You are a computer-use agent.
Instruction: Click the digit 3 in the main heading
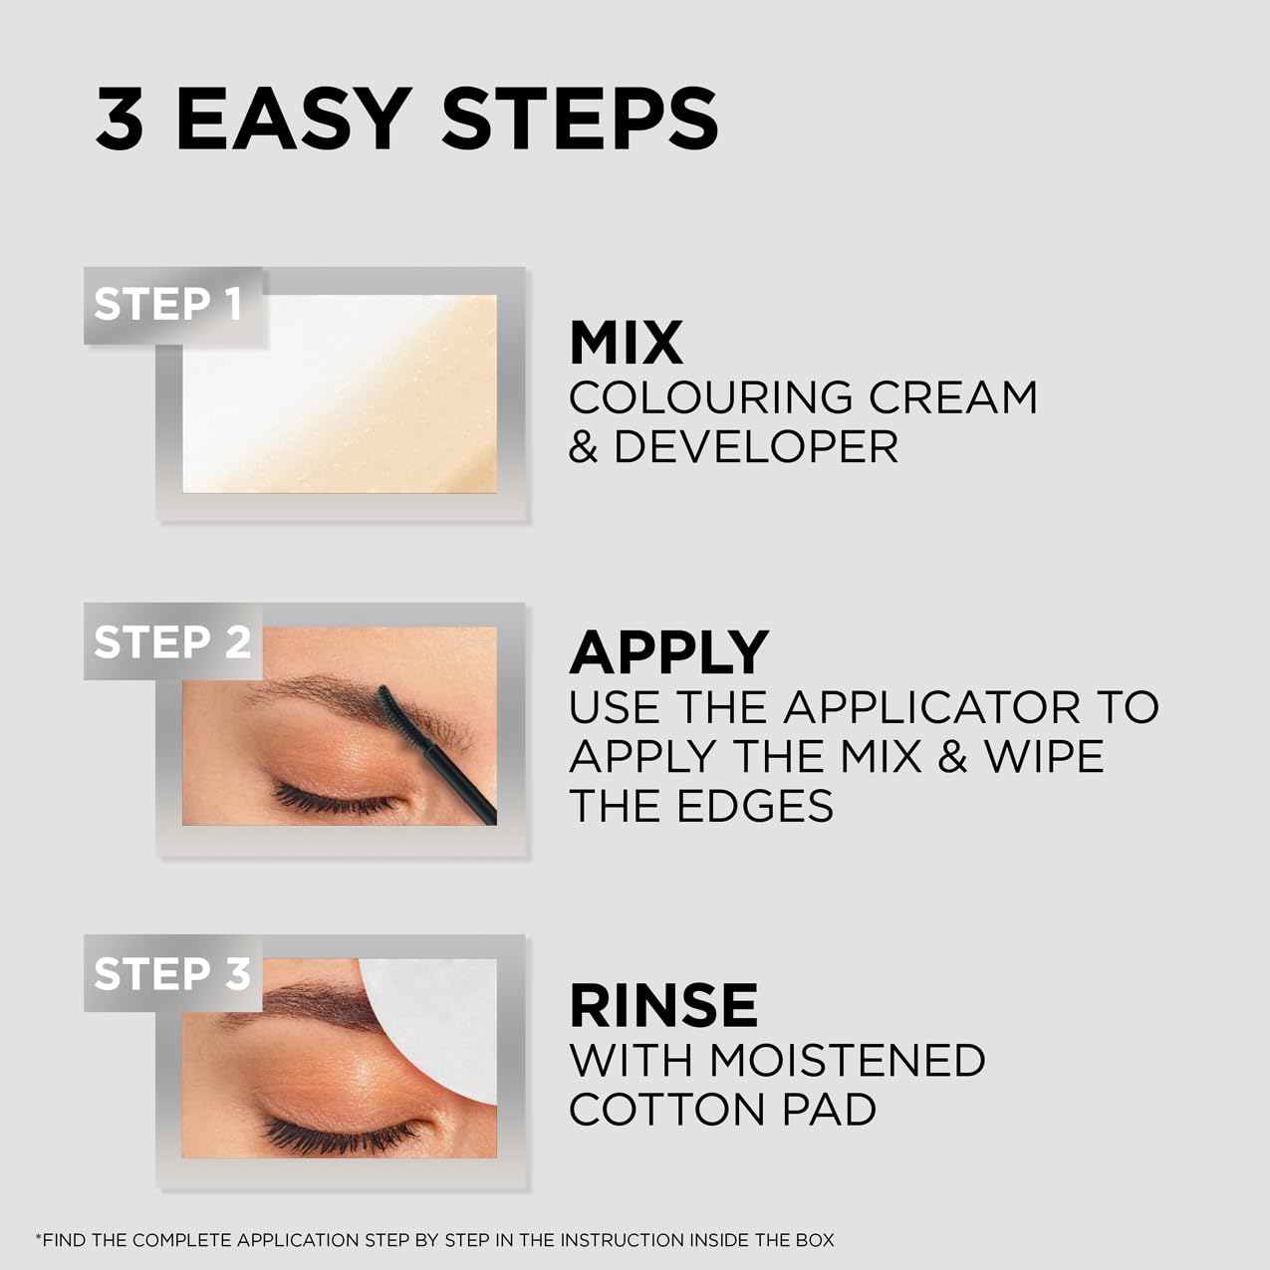120,120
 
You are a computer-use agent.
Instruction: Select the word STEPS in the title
580,120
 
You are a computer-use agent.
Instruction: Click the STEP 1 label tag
169,305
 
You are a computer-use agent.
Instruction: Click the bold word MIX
626,344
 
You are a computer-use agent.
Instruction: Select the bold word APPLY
668,653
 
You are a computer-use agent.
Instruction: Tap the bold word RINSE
663,1005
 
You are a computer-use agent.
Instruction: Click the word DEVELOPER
755,446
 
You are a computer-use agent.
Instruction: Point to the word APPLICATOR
931,707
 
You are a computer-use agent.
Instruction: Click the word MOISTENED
847,1060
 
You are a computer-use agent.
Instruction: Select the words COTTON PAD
722,1110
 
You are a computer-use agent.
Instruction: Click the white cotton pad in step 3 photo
438,1021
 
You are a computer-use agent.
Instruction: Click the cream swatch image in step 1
339,393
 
